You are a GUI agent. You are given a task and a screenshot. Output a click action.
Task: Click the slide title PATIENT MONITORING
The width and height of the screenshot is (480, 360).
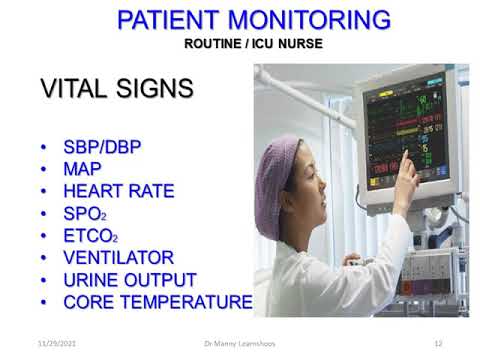pos(254,19)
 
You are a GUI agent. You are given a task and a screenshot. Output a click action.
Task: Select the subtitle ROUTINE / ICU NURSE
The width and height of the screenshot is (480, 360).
pos(254,43)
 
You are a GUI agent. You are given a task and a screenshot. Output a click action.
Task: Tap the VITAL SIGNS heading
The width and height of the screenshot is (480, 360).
pos(116,88)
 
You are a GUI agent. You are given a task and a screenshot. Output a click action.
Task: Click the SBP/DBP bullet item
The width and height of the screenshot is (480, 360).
pos(102,147)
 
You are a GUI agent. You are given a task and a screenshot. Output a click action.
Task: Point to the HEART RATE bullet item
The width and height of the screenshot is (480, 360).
pos(118,191)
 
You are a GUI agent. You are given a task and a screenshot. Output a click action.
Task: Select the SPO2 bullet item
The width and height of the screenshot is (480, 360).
pos(84,213)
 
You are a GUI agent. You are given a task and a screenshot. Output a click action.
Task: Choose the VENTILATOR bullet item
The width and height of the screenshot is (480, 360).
pos(118,257)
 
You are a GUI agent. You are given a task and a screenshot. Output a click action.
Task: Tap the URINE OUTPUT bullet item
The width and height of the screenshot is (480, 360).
pos(129,279)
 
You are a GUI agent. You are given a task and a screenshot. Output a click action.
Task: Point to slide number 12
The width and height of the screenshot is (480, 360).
pos(437,343)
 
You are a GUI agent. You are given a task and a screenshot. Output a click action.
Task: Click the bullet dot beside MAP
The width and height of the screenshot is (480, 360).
pos(45,169)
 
